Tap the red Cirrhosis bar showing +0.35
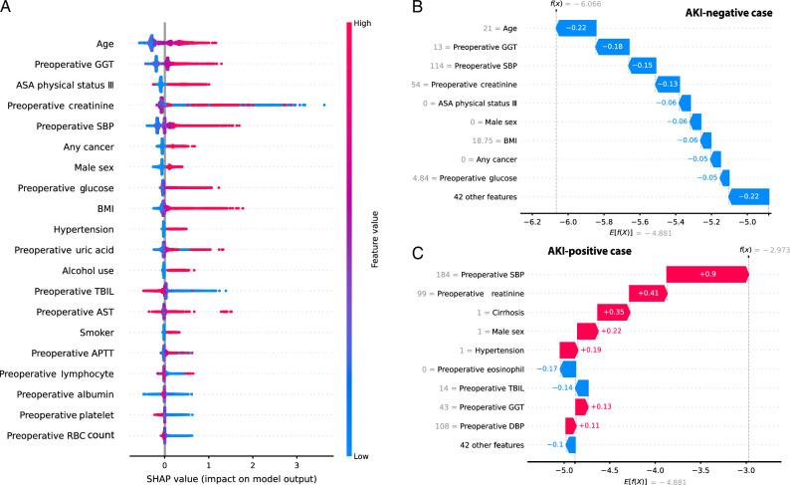612,312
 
